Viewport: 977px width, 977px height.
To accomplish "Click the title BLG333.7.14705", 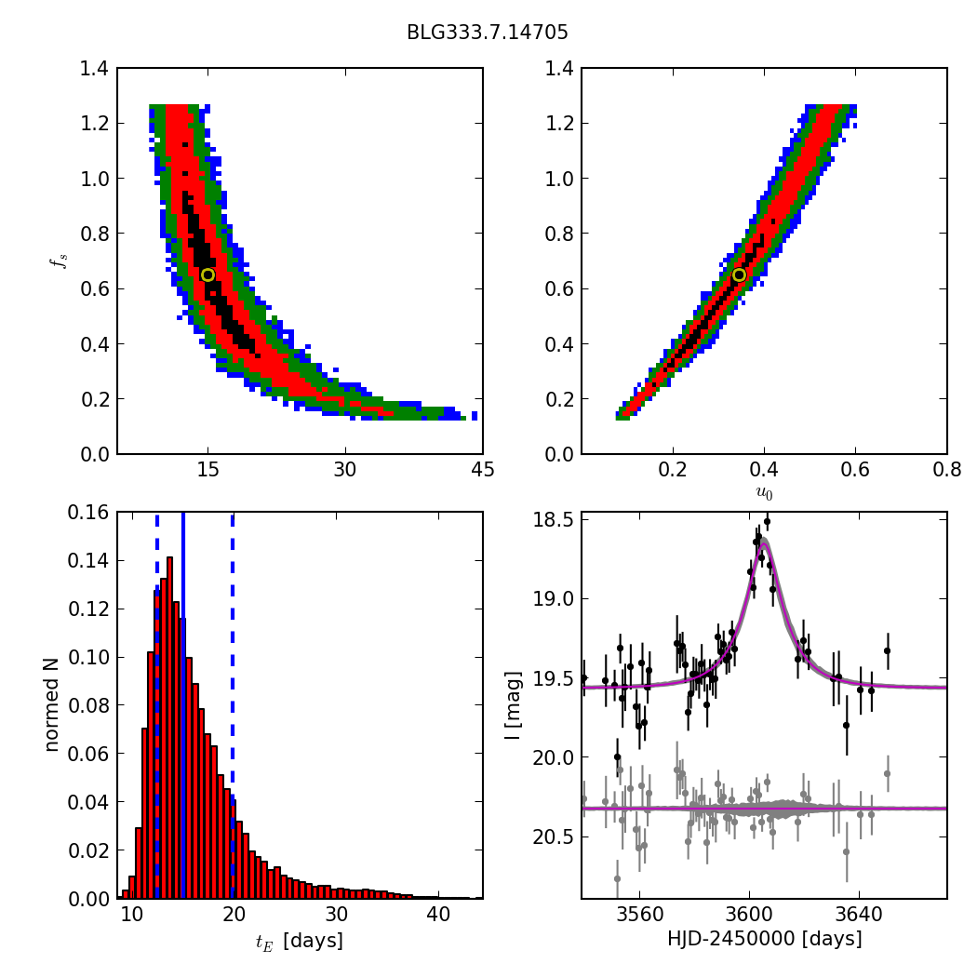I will (487, 33).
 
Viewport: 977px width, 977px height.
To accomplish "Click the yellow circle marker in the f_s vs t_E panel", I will (207, 274).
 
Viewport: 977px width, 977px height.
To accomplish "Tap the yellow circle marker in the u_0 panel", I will (739, 274).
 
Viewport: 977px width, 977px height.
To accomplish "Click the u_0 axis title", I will (764, 493).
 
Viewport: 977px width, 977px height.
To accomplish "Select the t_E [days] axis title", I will (299, 941).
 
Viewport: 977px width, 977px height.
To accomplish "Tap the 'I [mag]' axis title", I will (513, 705).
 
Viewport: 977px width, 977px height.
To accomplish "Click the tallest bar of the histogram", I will (169, 726).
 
